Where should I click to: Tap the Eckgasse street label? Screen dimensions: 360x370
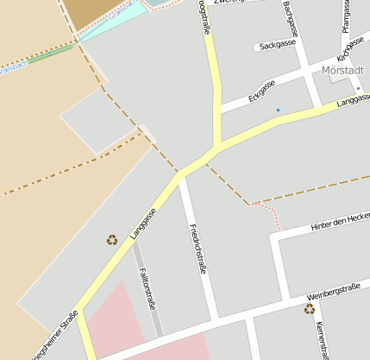[x=260, y=91]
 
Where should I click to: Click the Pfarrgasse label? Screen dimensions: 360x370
[x=345, y=18]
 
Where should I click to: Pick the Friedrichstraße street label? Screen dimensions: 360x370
[x=198, y=248]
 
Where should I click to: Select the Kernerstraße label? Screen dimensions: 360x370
[x=323, y=338]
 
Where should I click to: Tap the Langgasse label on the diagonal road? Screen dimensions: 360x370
[x=143, y=223]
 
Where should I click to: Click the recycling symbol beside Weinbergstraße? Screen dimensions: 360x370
[x=309, y=308]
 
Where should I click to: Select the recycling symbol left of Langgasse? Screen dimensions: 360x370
[x=111, y=240]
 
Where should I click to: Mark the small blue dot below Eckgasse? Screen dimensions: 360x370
[x=278, y=110]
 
